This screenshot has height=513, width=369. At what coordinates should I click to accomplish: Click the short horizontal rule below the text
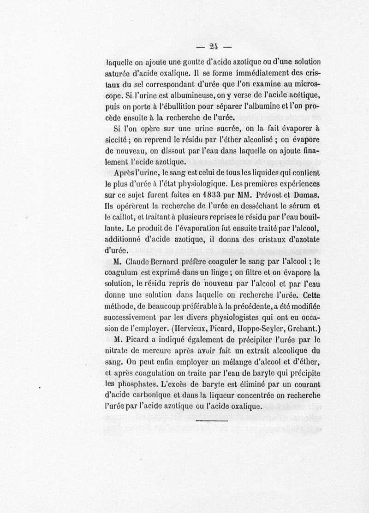[213, 421]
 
